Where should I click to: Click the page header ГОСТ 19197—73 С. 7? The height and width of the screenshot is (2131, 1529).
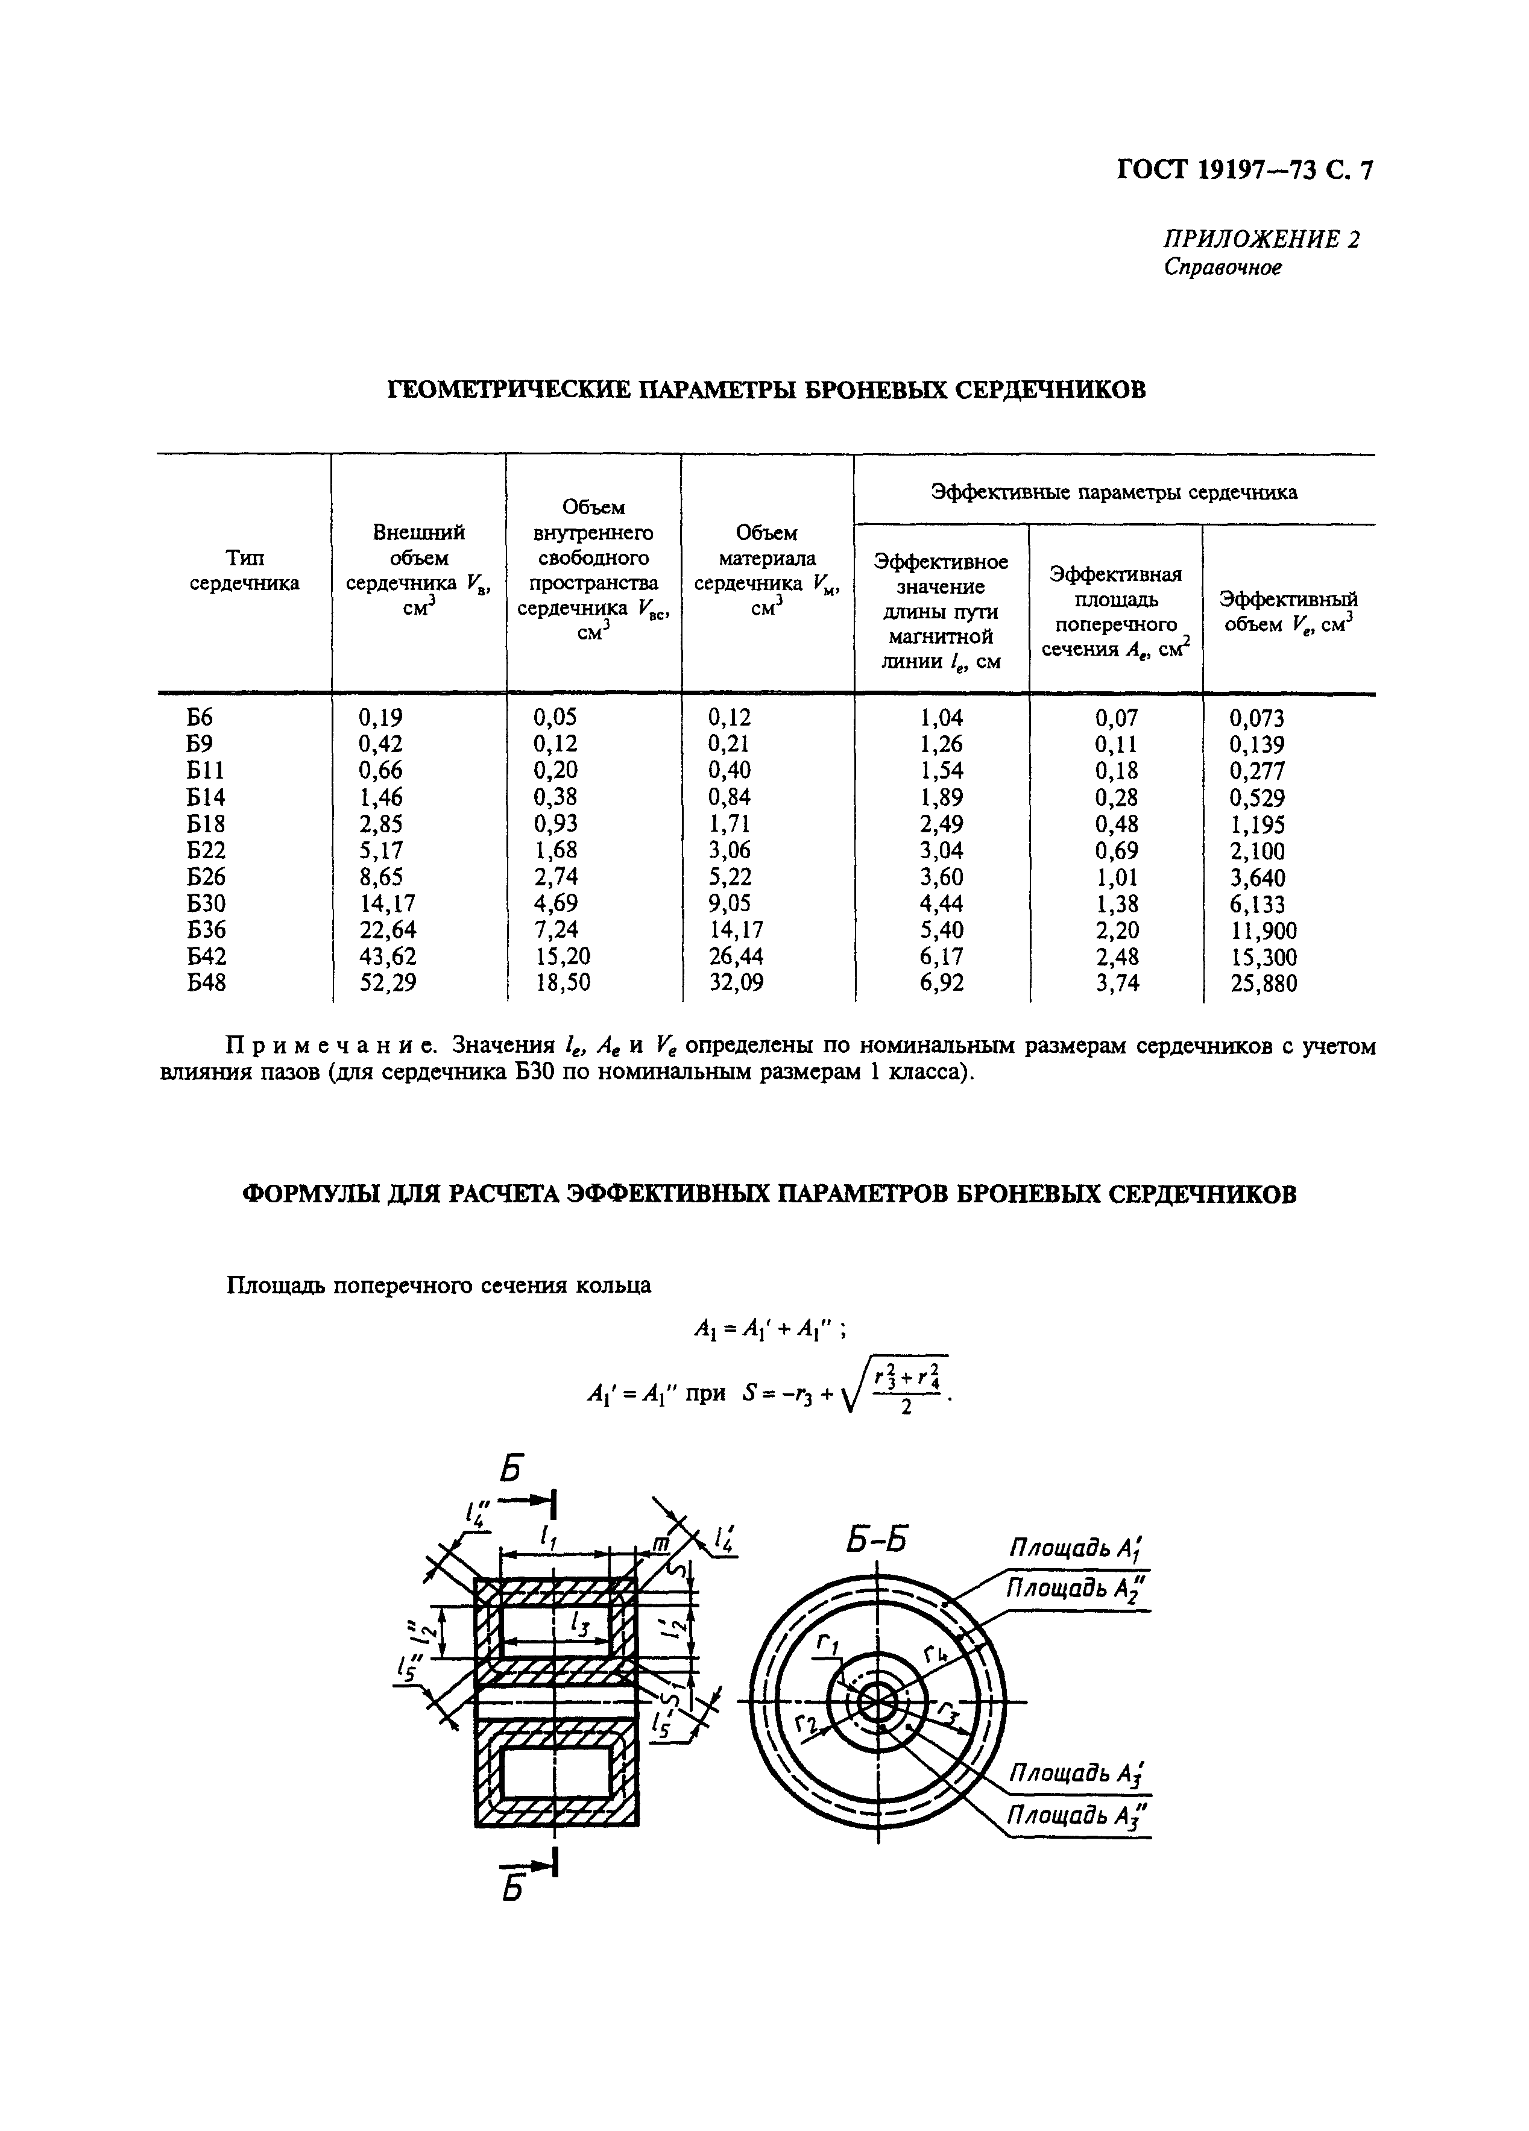tap(1244, 169)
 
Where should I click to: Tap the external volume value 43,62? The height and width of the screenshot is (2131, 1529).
tap(386, 956)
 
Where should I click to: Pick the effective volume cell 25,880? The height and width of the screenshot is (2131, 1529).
tap(1263, 984)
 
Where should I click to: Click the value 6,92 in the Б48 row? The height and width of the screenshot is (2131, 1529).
tap(942, 984)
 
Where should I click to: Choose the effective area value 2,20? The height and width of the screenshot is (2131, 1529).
tap(1117, 930)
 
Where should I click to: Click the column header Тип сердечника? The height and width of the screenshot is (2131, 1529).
tap(244, 570)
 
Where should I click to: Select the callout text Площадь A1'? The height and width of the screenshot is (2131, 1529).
tap(1079, 1548)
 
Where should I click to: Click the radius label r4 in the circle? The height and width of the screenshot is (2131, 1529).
tap(933, 1655)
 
